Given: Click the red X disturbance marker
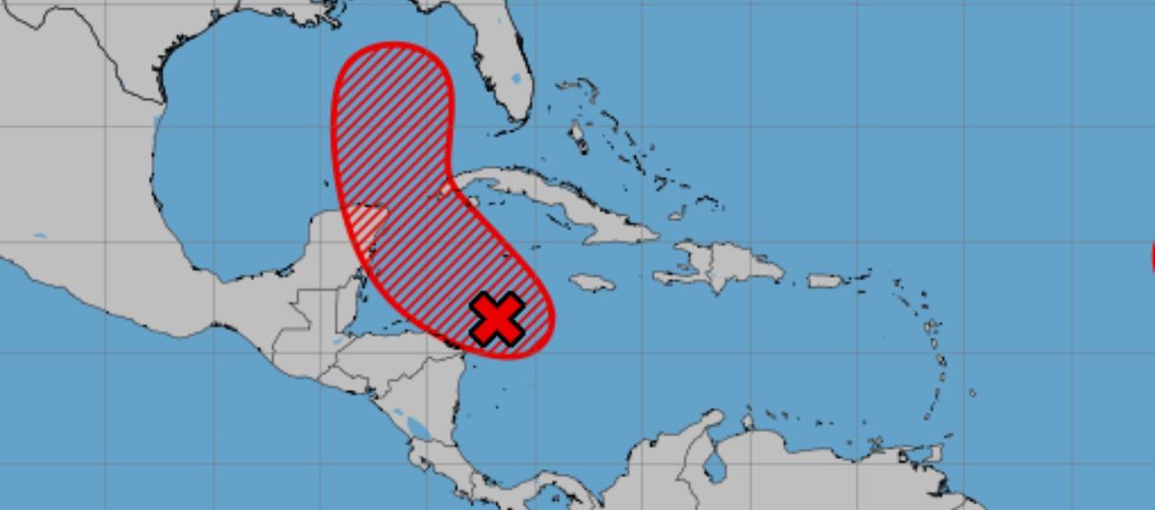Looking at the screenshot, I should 497,319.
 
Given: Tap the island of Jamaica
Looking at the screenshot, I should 592,283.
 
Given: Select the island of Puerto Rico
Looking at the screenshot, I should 827,281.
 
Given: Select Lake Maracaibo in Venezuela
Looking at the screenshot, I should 716,469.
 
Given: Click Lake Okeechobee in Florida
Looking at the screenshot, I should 516,78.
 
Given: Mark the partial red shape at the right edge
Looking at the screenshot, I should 1152,255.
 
